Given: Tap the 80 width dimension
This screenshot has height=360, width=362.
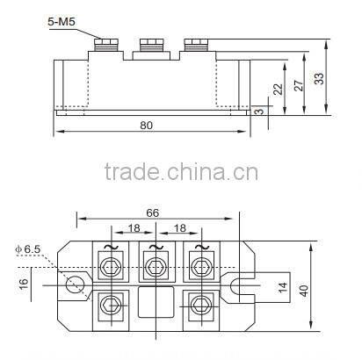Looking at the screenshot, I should (146, 126).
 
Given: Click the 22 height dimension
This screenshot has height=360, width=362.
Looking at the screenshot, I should (279, 90).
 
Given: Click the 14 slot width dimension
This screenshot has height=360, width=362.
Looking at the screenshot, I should (282, 286).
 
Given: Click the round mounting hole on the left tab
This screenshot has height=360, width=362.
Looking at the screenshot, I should (76, 284).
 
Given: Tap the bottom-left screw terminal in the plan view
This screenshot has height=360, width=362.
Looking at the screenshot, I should (109, 305).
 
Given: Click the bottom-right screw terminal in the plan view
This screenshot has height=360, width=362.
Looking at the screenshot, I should (199, 305).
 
